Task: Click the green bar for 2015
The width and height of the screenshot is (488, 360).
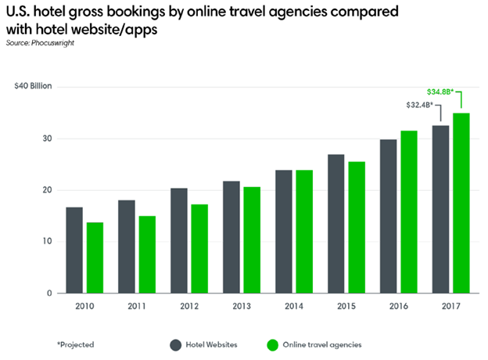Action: [x=356, y=227]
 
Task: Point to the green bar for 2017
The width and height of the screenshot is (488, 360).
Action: [x=461, y=203]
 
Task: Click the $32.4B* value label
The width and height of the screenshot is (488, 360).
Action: [x=420, y=104]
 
